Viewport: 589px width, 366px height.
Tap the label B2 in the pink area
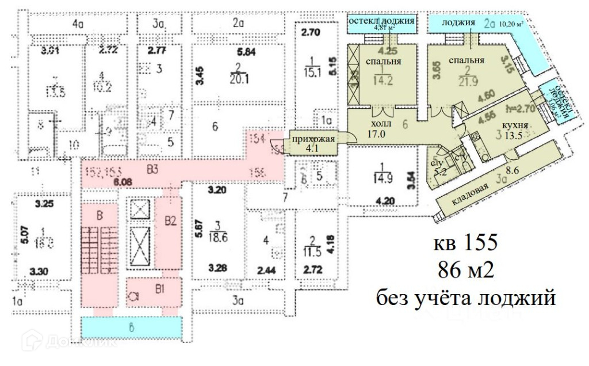(170, 219)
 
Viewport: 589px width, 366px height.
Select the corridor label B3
(152, 169)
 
